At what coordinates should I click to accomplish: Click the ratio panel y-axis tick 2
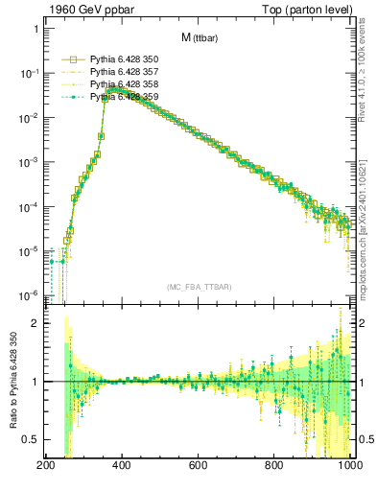(x=35, y=323)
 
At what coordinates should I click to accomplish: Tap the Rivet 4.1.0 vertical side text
(x=368, y=72)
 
